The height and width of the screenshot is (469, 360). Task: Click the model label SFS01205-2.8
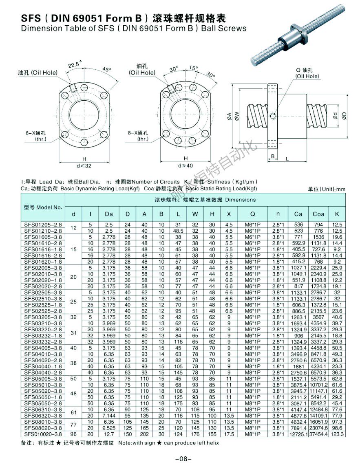(x=43, y=224)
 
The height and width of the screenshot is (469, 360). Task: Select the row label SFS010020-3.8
(x=43, y=434)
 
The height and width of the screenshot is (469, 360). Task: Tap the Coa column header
(x=318, y=214)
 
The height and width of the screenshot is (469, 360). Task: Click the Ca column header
(x=298, y=214)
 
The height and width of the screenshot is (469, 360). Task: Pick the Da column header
(x=109, y=214)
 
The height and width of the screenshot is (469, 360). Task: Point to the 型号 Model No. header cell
(x=43, y=207)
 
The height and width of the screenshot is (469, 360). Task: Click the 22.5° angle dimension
(x=75, y=64)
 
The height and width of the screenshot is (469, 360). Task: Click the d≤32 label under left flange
(x=84, y=166)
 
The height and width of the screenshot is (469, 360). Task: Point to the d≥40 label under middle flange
(x=185, y=166)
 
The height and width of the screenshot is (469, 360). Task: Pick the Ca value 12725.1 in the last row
(x=298, y=434)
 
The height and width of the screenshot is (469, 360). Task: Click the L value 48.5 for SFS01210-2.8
(x=178, y=230)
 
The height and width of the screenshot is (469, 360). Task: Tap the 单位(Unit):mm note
(x=327, y=189)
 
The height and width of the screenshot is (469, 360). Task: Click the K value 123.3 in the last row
(x=337, y=434)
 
